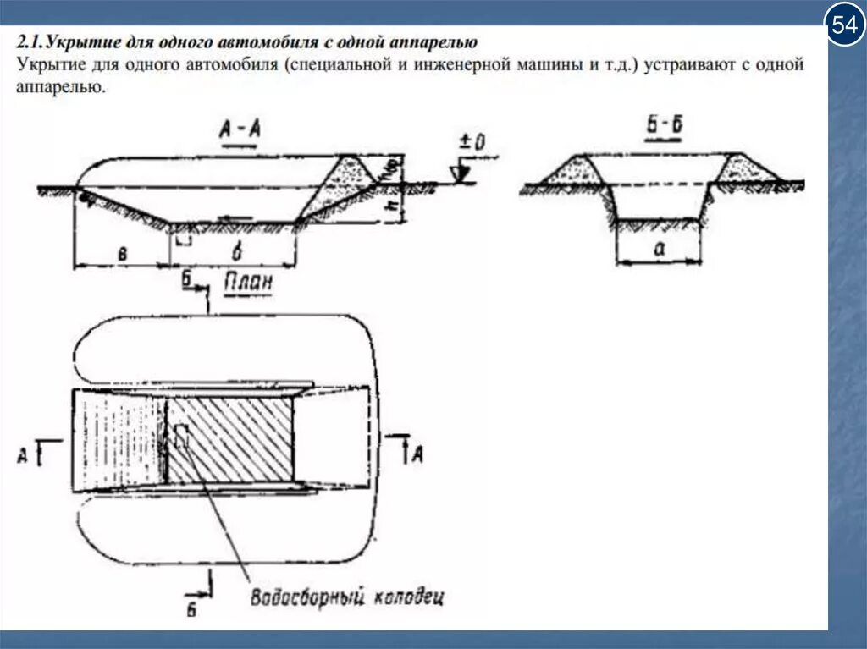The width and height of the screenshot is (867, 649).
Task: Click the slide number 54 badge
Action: click(x=843, y=27)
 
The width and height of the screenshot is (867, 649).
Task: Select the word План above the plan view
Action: click(x=248, y=283)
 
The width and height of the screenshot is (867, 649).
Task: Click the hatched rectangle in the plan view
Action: click(x=231, y=438)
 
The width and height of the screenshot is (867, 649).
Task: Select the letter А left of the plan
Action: click(x=23, y=455)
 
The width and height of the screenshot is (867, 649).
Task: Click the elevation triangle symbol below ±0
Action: click(x=462, y=173)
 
